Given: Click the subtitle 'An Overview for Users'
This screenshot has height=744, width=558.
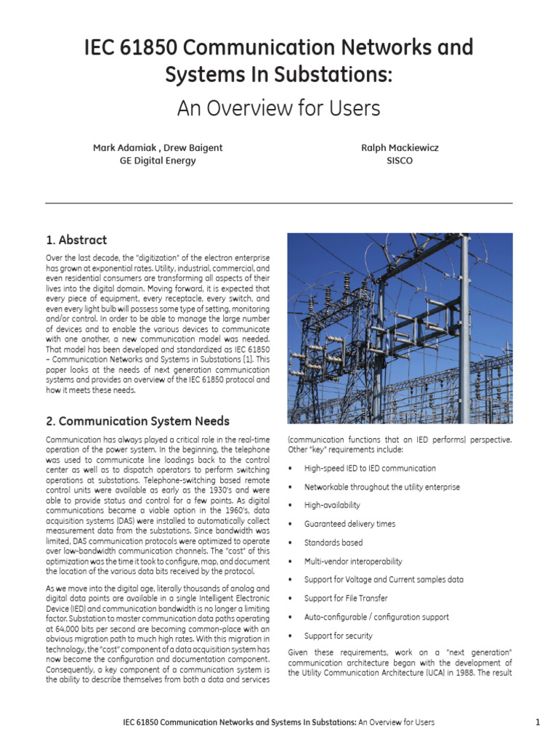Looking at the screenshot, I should [x=278, y=108].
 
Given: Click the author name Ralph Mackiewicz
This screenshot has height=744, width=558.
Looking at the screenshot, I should [x=400, y=147].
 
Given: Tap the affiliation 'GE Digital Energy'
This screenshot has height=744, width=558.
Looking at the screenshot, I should [x=158, y=161].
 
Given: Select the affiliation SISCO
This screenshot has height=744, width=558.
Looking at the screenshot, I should [x=400, y=161].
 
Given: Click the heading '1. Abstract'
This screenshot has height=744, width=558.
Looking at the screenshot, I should [x=76, y=240].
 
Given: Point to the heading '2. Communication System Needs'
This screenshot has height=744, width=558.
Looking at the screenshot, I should [x=137, y=421].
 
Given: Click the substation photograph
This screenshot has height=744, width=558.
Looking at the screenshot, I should [x=400, y=328].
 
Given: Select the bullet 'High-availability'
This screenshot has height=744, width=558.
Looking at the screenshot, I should [x=332, y=505].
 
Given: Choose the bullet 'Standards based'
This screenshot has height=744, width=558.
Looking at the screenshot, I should [x=333, y=542].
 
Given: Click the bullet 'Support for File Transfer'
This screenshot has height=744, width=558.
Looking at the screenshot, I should [x=346, y=598].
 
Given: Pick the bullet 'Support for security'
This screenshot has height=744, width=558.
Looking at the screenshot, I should [x=339, y=636].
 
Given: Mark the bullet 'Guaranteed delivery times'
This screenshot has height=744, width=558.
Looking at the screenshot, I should [x=349, y=524].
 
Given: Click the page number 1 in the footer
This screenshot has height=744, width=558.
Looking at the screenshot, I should [x=538, y=722].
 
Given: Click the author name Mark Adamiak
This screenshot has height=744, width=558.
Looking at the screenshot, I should [x=125, y=147].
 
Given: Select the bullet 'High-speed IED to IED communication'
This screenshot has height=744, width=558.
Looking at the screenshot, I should [x=370, y=468].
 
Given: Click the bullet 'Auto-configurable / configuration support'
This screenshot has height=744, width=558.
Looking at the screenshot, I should [x=376, y=617].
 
